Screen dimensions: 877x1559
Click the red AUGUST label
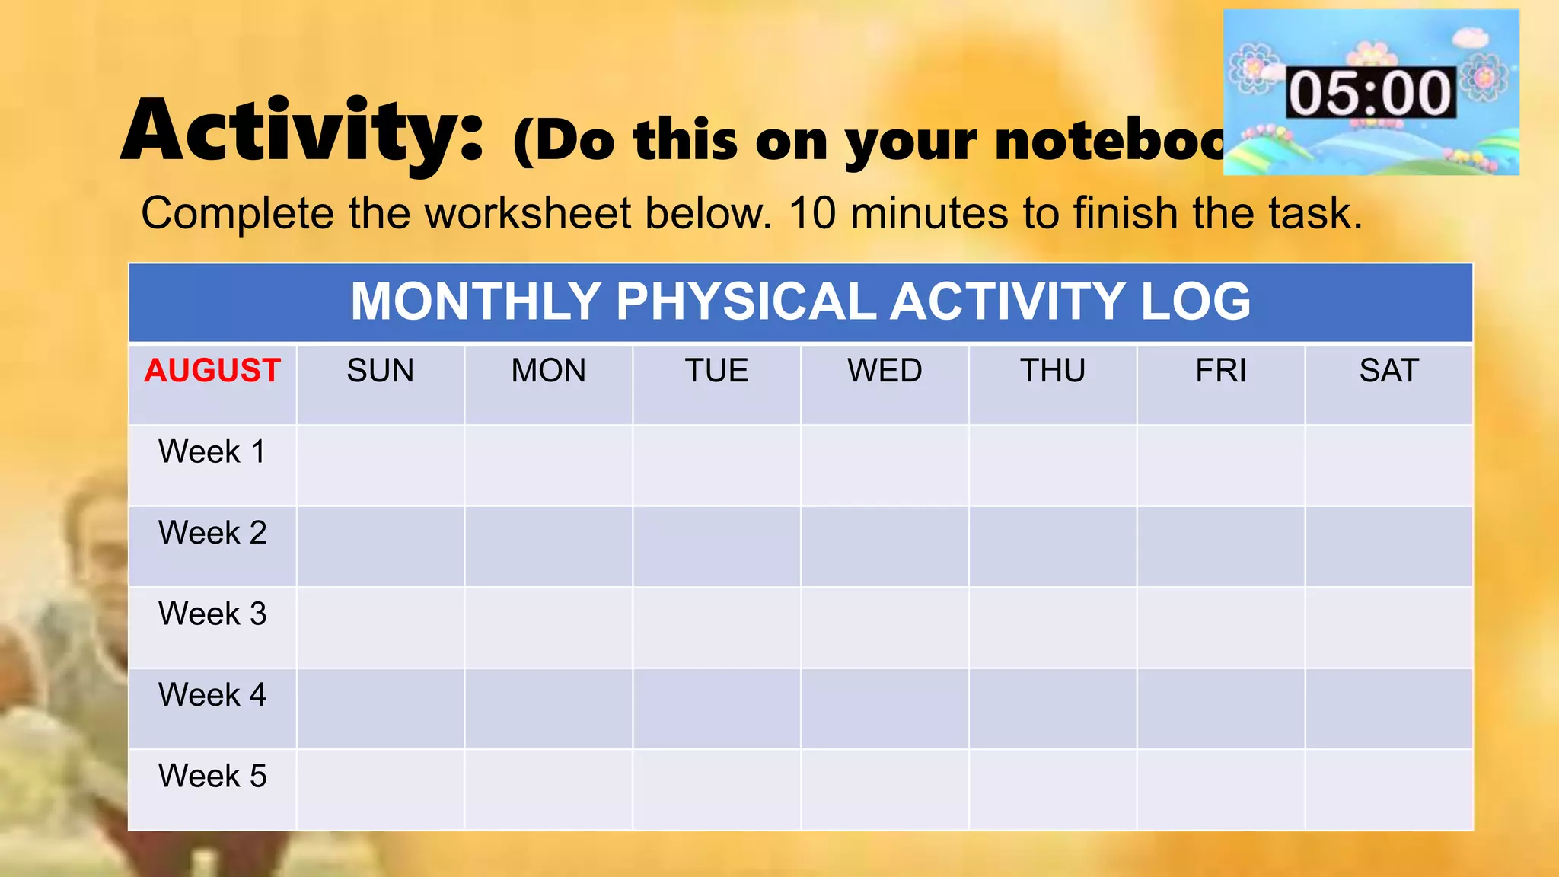point(212,371)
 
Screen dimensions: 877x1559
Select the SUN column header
point(381,371)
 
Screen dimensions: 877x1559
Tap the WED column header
point(885,371)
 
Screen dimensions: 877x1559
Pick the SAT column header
point(1389,371)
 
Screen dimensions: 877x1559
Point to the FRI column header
point(1221,371)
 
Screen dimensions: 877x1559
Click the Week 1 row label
point(212,451)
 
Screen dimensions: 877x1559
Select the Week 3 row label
point(212,614)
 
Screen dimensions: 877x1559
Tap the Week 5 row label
point(212,776)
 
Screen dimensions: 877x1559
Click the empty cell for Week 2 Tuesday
point(716,547)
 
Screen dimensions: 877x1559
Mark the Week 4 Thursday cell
point(1053,709)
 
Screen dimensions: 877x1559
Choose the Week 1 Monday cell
point(548,465)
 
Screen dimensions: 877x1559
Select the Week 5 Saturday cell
point(1389,789)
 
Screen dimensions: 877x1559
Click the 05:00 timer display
point(1370,93)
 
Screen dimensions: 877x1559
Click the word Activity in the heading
point(302,131)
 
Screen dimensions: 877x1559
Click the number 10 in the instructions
point(812,213)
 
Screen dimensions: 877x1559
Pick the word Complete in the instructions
point(238,213)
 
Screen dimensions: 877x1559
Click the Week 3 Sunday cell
point(381,627)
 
